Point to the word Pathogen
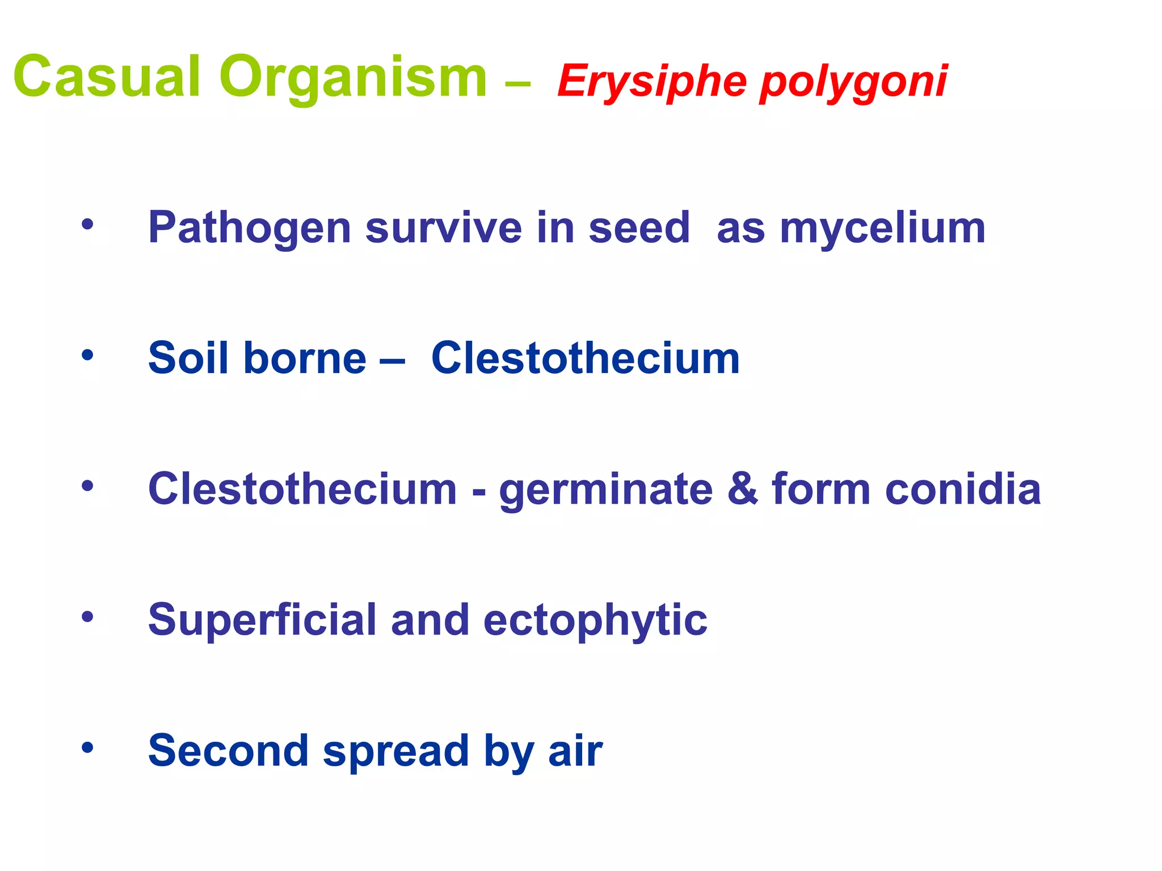(250, 228)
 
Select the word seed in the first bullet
(639, 228)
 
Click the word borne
(305, 358)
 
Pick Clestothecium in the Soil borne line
(586, 358)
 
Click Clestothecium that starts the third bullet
(302, 489)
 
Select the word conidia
(962, 489)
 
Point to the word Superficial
(262, 620)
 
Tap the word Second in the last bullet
(228, 751)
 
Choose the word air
(575, 751)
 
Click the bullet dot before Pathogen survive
(87, 225)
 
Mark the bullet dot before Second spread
(87, 747)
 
